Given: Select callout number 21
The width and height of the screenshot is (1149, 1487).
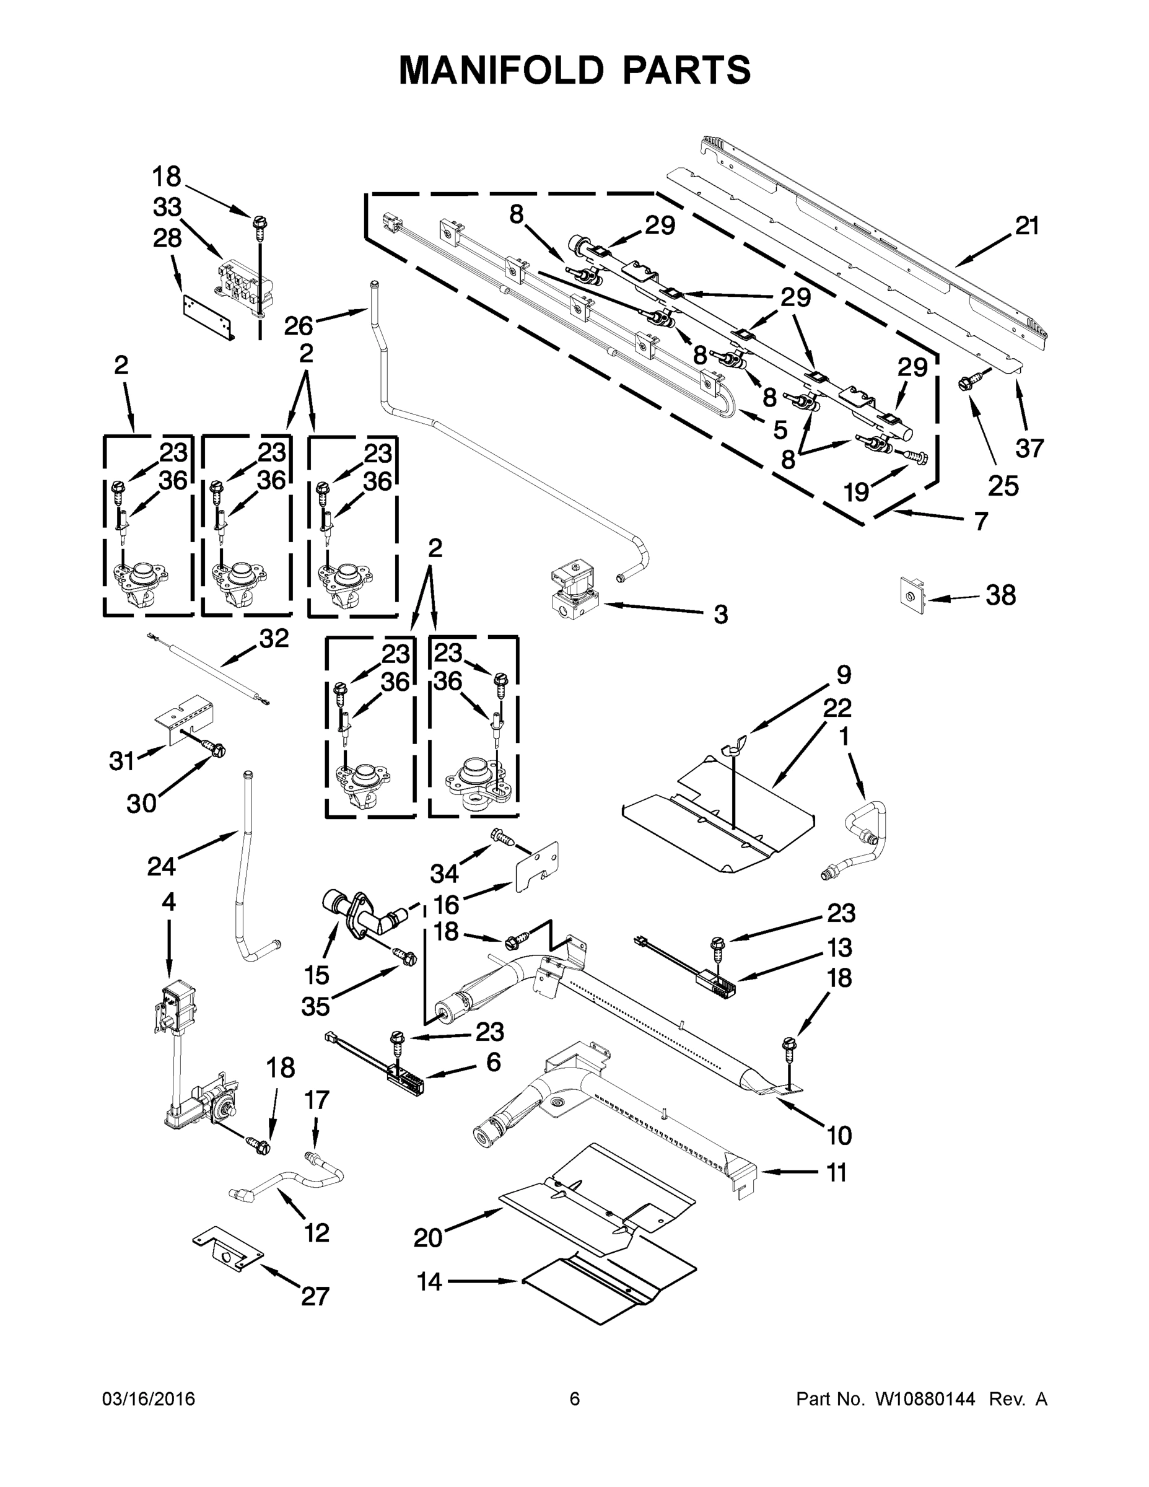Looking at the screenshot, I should [1027, 226].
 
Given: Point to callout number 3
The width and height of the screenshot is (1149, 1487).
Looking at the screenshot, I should [721, 614].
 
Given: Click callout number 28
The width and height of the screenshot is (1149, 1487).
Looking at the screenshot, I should [167, 239].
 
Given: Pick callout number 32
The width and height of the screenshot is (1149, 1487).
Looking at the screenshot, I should [274, 638].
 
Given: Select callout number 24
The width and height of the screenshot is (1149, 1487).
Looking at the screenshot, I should [161, 866].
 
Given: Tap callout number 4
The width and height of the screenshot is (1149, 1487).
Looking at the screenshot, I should [168, 902].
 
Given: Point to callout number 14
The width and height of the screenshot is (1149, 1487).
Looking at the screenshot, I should [429, 1281].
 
